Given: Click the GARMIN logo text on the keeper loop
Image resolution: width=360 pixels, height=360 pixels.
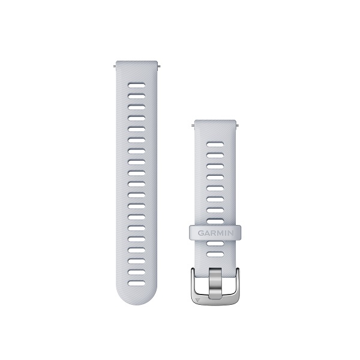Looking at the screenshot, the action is (x=215, y=233).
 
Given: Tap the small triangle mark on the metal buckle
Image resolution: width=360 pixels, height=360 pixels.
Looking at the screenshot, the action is (x=198, y=299).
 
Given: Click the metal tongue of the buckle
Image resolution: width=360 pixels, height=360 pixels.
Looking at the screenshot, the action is (x=215, y=283).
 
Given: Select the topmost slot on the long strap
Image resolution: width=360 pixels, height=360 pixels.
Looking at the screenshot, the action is (x=137, y=86).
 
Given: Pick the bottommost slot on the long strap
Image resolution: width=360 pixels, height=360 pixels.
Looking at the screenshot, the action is (x=137, y=283).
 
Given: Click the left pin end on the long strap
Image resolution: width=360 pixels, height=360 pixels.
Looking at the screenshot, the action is (x=115, y=67).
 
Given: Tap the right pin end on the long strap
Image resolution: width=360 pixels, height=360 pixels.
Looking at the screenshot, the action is (x=158, y=67).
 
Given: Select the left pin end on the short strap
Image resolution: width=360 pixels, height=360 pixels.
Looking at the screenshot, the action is (x=193, y=125).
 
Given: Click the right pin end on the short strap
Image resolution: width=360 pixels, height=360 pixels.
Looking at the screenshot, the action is (x=237, y=125).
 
